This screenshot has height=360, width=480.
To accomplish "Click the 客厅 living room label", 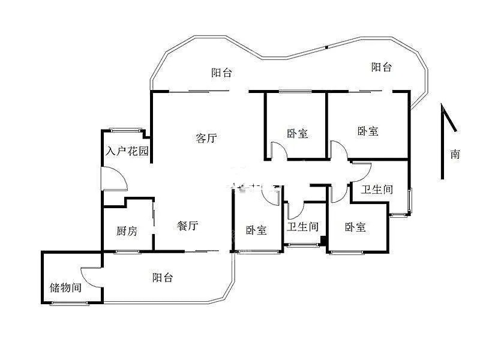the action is [x=206, y=138].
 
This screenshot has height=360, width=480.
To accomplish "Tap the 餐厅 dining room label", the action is [x=187, y=226].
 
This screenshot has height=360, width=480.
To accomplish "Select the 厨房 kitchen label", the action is [x=127, y=231].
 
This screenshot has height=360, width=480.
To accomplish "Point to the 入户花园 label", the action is [x=127, y=151].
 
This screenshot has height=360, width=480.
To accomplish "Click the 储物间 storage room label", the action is [x=65, y=287].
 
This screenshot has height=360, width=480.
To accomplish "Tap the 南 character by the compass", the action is [x=455, y=154].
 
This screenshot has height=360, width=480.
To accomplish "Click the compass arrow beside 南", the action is [x=443, y=142].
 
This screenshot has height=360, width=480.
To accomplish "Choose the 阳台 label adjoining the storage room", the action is [x=163, y=277].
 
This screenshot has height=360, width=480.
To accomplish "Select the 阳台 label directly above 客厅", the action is [x=221, y=73].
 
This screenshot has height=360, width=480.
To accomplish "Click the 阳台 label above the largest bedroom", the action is [x=382, y=67].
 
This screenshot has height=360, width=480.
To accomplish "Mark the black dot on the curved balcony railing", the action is [x=326, y=47].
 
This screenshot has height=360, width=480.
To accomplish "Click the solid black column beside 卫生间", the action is [x=323, y=241].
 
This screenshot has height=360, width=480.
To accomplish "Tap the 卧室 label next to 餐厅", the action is [x=256, y=230].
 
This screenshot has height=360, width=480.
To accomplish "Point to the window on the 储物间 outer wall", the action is [x=69, y=303].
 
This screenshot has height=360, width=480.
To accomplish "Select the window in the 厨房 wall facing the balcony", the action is [x=127, y=252].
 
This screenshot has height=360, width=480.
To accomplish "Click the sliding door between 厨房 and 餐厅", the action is [x=153, y=217].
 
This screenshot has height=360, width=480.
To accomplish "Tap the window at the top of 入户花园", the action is [x=126, y=130].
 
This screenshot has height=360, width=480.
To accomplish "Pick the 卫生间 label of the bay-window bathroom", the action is [x=377, y=189].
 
